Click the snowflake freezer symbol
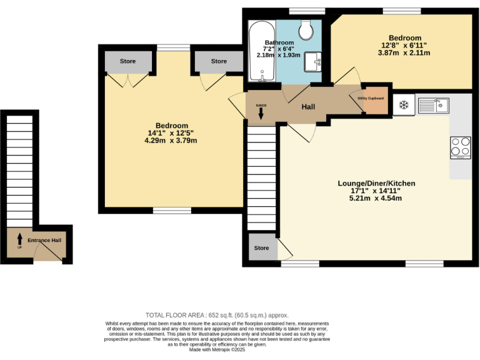(x=404, y=104)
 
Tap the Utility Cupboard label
(x=371, y=98)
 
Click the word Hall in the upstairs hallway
(x=308, y=107)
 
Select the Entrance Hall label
(x=44, y=240)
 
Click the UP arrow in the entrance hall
(x=19, y=240)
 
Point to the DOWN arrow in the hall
(x=261, y=112)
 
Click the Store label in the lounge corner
(x=261, y=248)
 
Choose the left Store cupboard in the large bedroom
(x=128, y=61)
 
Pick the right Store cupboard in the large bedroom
(x=219, y=61)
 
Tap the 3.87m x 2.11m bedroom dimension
(x=404, y=54)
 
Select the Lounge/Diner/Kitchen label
(x=376, y=183)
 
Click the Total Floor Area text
(x=217, y=315)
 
